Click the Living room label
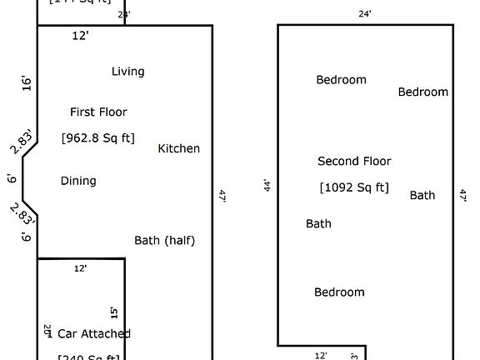tap(127, 72)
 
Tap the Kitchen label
tap(179, 148)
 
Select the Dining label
tap(78, 181)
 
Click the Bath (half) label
tap(164, 241)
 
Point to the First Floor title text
tap(98, 112)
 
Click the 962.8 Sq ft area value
tap(98, 137)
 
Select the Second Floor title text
tap(354, 161)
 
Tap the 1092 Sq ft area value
tap(354, 187)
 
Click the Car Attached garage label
tap(93, 333)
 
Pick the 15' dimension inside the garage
tap(114, 312)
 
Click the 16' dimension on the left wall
tap(27, 82)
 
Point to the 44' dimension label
tap(267, 185)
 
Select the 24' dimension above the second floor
tap(365, 14)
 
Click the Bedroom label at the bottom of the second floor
tap(339, 292)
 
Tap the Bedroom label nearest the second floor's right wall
tap(422, 92)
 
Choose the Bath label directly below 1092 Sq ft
tap(318, 223)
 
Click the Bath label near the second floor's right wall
tap(422, 195)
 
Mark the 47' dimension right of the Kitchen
tap(222, 196)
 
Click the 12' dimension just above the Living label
tap(80, 36)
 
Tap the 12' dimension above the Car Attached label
tap(81, 268)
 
